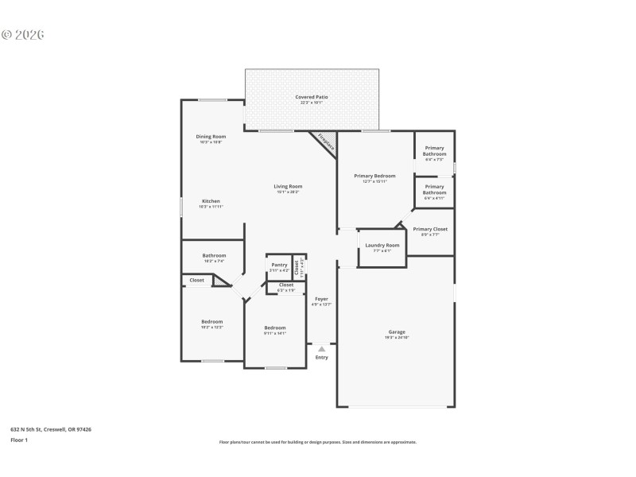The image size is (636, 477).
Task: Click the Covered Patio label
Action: [312, 97]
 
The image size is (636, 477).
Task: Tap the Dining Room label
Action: [211, 136]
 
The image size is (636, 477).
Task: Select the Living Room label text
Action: [288, 186]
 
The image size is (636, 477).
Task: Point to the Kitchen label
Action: [211, 201]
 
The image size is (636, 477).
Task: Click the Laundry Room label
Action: [382, 245]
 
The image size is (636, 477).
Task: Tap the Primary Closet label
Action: [430, 229]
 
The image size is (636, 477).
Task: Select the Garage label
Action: [397, 332]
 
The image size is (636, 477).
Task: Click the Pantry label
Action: [279, 265]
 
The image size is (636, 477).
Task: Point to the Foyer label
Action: [321, 299]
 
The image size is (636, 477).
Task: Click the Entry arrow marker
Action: [321, 348]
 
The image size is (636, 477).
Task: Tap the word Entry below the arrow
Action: [321, 358]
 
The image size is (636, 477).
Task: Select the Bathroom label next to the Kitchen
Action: [214, 255]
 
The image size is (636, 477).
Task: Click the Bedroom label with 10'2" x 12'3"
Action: [211, 321]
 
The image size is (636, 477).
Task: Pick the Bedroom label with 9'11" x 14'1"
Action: [275, 328]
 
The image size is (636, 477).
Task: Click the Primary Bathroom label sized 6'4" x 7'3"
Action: [434, 150]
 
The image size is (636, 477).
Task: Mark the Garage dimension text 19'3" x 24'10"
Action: [397, 338]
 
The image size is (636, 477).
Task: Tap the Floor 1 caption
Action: [19, 440]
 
